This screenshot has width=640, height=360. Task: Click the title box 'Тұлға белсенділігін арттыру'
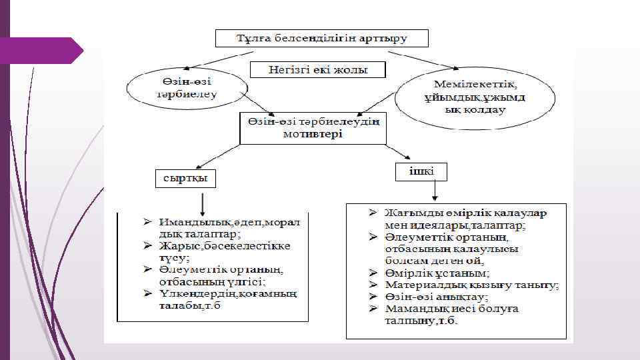click(x=321, y=37)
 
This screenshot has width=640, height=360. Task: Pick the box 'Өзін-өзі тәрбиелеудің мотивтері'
click(x=313, y=128)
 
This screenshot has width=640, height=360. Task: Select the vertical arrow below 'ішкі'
click(x=434, y=191)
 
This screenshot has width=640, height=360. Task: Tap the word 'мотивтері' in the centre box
click(x=313, y=135)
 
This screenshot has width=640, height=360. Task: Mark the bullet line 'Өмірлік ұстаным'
click(x=437, y=273)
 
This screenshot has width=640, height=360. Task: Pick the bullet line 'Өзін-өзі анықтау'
click(x=436, y=297)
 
